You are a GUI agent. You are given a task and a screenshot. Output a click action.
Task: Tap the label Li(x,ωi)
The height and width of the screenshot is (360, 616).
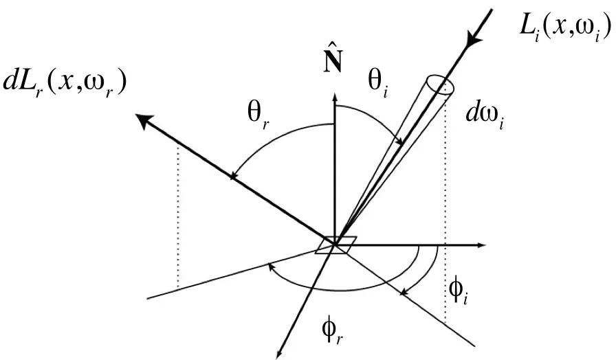pos(565,28)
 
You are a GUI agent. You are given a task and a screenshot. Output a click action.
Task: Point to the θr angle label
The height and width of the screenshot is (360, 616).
pos(258,116)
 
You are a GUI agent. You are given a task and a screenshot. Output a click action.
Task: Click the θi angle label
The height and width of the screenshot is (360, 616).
pos(377,84)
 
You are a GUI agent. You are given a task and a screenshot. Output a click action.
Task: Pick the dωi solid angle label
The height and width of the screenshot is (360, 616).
pos(484,116)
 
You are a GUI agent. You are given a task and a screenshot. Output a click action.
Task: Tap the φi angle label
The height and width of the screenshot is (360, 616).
pos(458,293)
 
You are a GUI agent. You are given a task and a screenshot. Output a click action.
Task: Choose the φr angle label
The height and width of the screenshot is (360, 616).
pos(332,332)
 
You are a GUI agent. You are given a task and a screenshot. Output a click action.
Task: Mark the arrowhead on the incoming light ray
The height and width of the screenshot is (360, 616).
pos(472,38)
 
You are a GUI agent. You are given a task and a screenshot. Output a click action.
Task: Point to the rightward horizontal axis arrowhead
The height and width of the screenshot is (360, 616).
pos(481,245)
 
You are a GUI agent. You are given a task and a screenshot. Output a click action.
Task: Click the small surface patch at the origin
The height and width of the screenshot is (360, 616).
pos(336,245)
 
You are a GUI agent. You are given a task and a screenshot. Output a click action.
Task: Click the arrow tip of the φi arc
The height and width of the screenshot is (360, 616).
pos(403,293)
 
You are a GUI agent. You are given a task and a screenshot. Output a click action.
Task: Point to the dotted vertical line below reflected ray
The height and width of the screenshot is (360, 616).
pos(178,216)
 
